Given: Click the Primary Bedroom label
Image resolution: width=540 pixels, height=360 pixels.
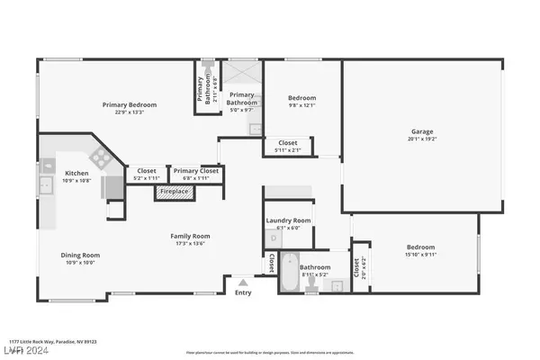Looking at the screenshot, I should click(x=129, y=105).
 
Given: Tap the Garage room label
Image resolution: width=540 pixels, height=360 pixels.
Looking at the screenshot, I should click(x=422, y=132).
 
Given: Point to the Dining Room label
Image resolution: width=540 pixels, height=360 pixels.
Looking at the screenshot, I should click(x=80, y=255).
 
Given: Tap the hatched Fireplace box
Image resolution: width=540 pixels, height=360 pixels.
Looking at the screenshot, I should click(x=175, y=192).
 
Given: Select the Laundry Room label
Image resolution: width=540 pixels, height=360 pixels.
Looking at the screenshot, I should click(x=288, y=220).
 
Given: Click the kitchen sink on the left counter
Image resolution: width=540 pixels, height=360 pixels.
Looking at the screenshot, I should click(x=45, y=186).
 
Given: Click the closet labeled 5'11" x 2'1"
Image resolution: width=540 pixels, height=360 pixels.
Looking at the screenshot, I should click(x=288, y=147).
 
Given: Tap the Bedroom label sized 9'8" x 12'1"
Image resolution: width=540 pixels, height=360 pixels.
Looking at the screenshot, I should click(x=301, y=103).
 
